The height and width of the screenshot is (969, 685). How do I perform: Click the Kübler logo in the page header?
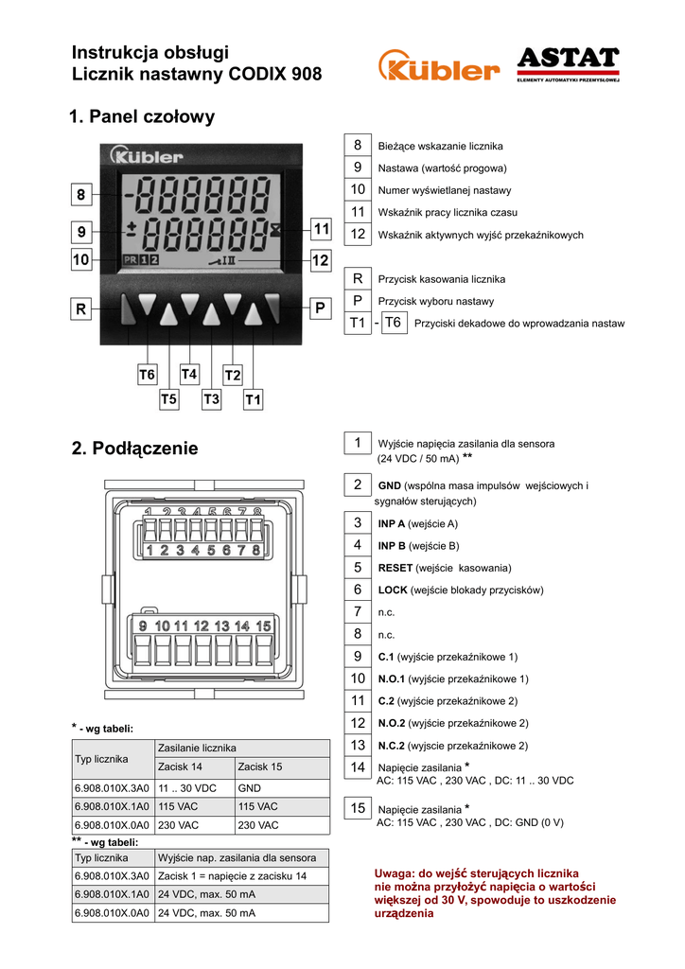pos(438,66)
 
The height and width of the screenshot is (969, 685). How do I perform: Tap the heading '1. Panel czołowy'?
pos(143,117)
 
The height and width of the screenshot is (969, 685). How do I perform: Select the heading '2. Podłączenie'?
pos(135,449)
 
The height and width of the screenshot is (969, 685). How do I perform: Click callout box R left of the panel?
pos(81,308)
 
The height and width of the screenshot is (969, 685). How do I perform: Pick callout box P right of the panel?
pos(320,308)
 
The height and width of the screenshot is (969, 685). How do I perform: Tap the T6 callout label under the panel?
pos(147,376)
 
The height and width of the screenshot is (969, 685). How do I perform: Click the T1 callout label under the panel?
pos(253,400)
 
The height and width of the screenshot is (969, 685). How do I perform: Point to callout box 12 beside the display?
pos(320,259)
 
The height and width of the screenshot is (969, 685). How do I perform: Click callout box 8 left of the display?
pos(81,196)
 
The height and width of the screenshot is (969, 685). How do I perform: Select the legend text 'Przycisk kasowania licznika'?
pos(442,280)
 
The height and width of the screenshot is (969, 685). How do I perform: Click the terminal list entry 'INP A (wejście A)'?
pos(417,523)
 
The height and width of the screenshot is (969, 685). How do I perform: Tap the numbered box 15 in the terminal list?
pos(358,808)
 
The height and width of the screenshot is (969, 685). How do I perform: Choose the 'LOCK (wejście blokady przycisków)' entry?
pos(460,590)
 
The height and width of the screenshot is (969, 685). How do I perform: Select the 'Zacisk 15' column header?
pos(260,766)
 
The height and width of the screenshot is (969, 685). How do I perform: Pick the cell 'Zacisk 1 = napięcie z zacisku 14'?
pos(232,877)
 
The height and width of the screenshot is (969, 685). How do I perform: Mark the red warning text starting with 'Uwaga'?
pos(495,893)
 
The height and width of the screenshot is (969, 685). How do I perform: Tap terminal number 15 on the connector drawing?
pos(264,626)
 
